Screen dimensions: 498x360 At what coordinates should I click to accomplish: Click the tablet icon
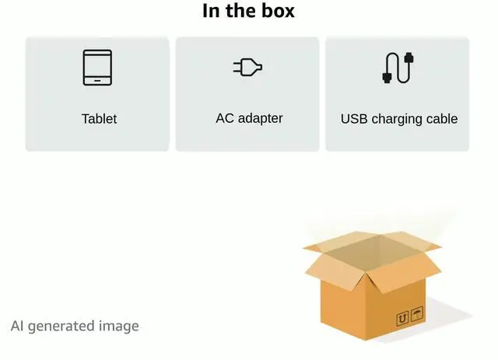coord(97,68)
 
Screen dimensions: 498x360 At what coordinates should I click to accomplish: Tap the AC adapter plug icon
coord(247,68)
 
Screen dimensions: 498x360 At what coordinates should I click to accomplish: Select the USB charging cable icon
coord(398,68)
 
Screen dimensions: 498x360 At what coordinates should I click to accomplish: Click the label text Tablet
coord(99,119)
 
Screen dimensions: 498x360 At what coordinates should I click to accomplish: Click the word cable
coord(441,119)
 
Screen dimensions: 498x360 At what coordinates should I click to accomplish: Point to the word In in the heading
coord(211,11)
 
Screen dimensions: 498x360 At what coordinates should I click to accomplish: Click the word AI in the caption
coord(18,326)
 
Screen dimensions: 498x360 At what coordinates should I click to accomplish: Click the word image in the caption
coord(118,326)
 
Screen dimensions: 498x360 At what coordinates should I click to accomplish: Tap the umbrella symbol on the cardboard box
coord(417,314)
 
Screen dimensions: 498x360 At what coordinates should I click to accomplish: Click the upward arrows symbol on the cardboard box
coord(402,318)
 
